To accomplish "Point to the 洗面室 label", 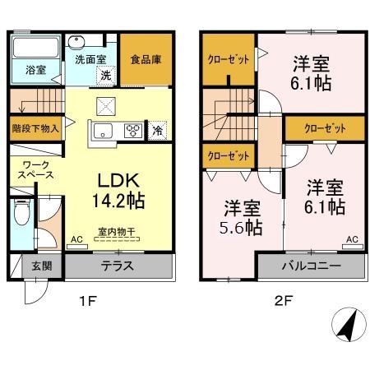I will click(90, 59).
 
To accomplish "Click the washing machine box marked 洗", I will click(105, 75).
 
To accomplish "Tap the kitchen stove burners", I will click(132, 130).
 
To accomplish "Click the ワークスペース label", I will click(35, 169).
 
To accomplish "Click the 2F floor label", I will click(282, 301).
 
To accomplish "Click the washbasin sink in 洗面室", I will click(78, 43).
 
